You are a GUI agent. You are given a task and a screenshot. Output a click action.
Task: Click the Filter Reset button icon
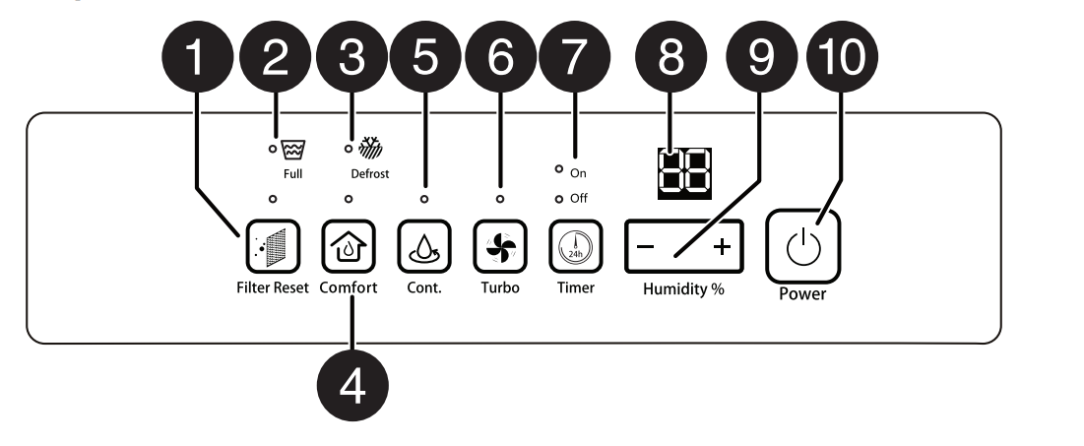272,246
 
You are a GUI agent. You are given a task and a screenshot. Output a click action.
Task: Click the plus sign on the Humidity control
722,247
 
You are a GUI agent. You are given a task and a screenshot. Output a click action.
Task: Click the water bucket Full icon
291,150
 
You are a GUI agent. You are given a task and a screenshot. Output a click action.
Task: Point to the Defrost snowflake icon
367,149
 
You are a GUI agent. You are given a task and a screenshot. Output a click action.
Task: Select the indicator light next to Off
558,199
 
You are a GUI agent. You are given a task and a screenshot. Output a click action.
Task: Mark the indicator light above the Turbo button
499,199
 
